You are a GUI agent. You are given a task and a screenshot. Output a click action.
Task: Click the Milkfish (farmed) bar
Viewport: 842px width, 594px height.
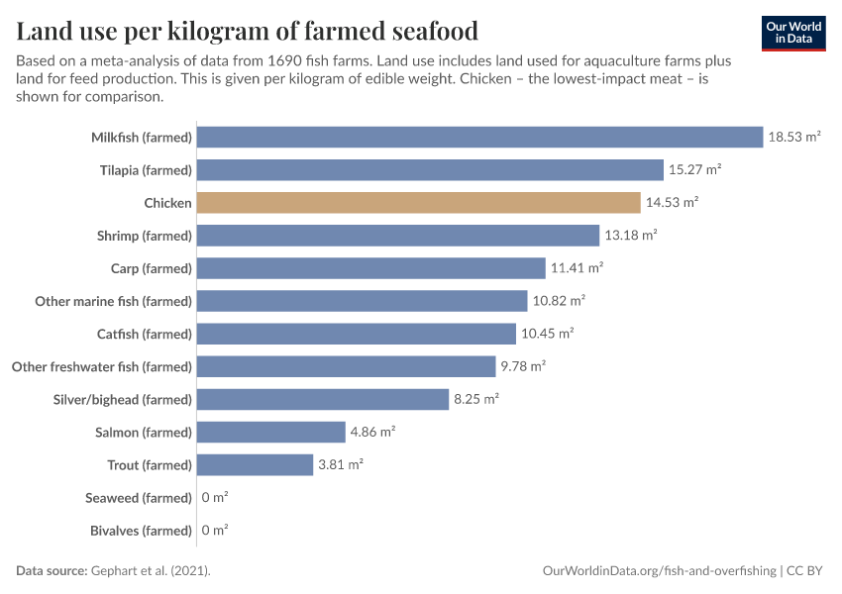pyautogui.click(x=479, y=138)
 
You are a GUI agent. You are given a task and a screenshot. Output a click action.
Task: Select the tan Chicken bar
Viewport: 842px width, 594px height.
pyautogui.click(x=418, y=203)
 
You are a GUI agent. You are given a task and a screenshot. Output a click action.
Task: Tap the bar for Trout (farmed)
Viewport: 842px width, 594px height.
pyautogui.click(x=255, y=465)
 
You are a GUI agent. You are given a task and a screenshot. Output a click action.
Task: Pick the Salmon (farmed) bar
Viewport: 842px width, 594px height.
pyautogui.click(x=270, y=433)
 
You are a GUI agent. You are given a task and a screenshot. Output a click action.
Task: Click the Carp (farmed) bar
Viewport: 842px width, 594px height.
pyautogui.click(x=370, y=268)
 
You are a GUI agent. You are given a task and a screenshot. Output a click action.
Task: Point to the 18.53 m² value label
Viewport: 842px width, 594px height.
pyautogui.click(x=794, y=138)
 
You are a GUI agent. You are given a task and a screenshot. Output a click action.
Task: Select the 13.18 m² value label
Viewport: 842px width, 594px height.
pyautogui.click(x=631, y=236)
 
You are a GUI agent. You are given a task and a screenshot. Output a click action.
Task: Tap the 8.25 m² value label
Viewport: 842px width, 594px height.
pyautogui.click(x=475, y=400)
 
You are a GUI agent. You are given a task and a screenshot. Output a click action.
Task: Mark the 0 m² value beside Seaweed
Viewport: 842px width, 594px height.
pyautogui.click(x=215, y=498)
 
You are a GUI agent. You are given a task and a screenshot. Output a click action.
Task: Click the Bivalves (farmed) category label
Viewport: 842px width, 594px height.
pyautogui.click(x=141, y=531)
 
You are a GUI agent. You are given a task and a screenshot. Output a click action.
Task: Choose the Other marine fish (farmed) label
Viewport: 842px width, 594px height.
pyautogui.click(x=113, y=301)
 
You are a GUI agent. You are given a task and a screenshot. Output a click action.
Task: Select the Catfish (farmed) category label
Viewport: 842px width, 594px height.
pyautogui.click(x=144, y=334)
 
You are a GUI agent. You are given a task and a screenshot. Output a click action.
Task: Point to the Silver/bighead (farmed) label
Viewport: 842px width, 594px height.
pyautogui.click(x=122, y=400)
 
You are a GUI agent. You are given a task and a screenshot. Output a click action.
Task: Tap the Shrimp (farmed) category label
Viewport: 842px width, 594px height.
pyautogui.click(x=144, y=236)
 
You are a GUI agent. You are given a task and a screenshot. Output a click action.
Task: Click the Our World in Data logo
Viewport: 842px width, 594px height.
pyautogui.click(x=793, y=33)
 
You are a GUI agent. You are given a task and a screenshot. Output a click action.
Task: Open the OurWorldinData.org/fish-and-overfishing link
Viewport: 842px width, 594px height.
pyautogui.click(x=659, y=571)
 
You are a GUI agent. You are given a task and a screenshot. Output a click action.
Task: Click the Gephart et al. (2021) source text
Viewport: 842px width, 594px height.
pyautogui.click(x=151, y=571)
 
